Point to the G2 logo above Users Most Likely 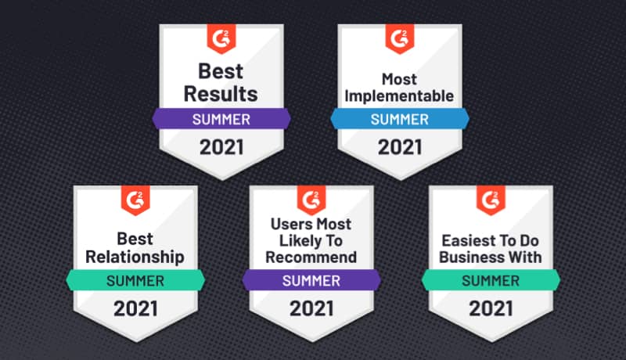pos(312,200)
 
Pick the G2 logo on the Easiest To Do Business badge pos(491,200)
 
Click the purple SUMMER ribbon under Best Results pos(221,120)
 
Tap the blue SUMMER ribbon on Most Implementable pos(399,120)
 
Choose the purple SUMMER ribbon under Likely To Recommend pos(312,280)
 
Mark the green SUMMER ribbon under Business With pos(491,280)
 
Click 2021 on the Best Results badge pos(221,146)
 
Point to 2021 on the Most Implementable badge pos(399,146)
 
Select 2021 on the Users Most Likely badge pos(312,308)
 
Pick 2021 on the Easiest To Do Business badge pos(491,308)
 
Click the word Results pos(221,94)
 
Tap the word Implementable pos(399,96)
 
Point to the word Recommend pos(312,256)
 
